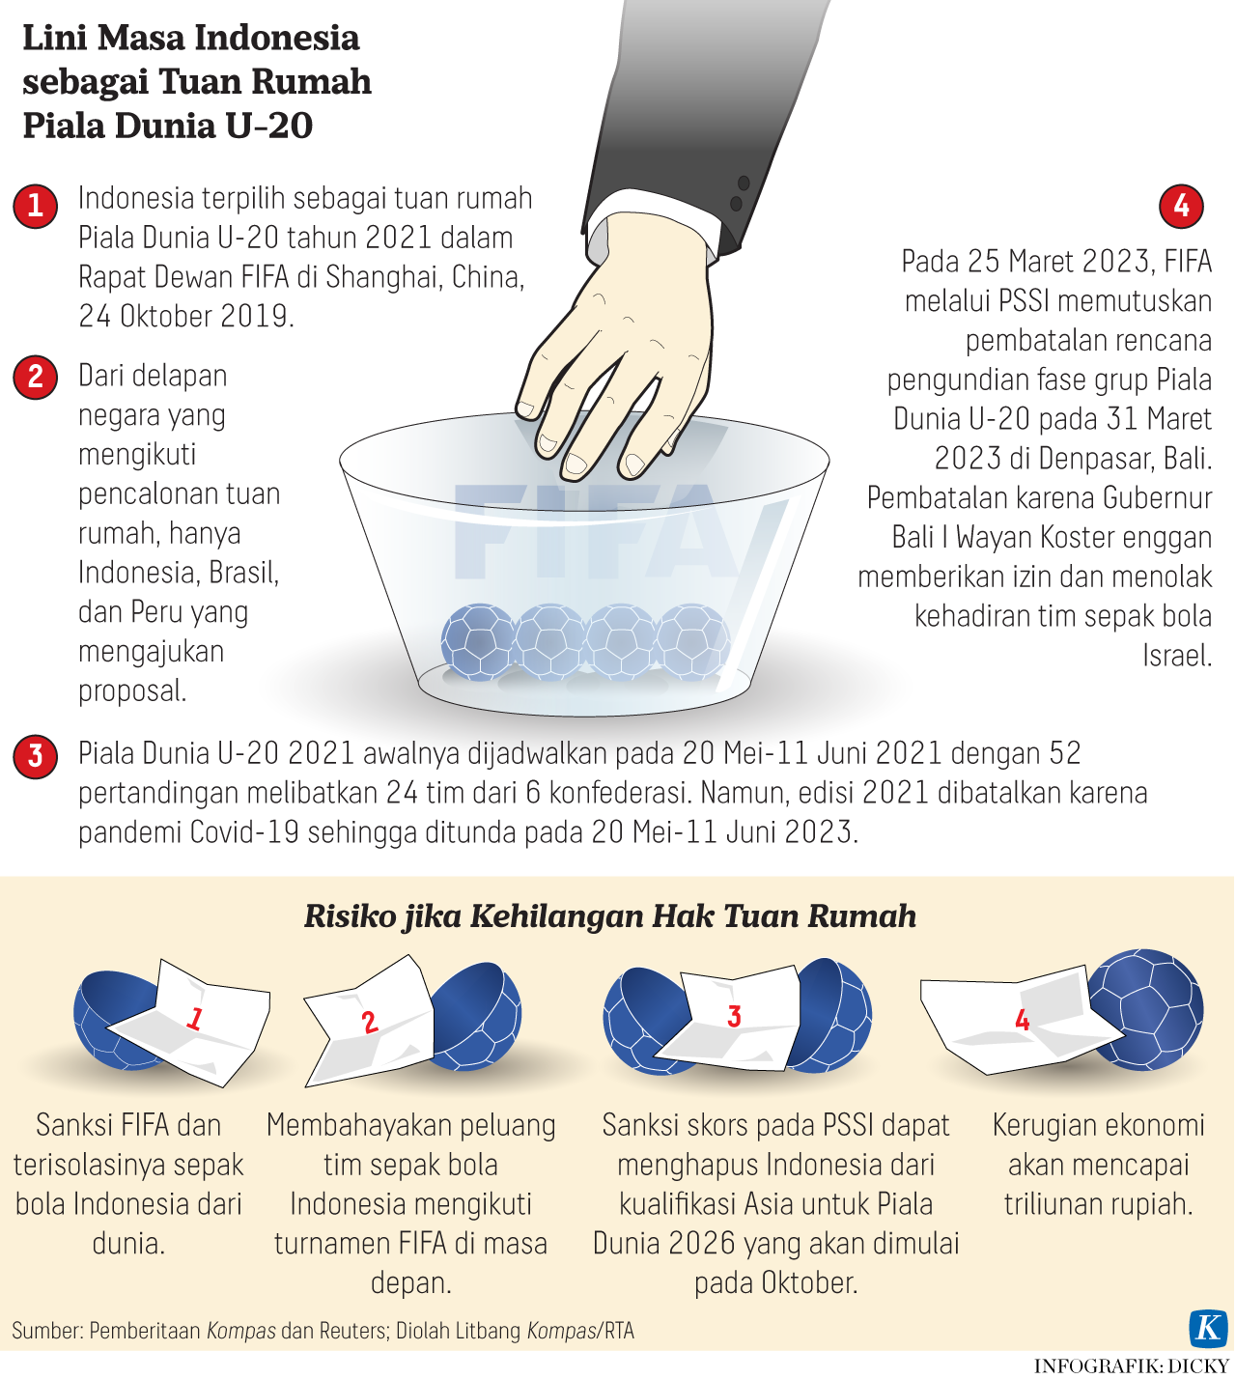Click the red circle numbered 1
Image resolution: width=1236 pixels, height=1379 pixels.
point(35,206)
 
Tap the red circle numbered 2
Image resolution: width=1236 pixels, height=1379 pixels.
point(35,377)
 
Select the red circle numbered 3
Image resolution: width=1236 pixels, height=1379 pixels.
point(35,756)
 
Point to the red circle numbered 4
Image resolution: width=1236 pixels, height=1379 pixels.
point(1181,206)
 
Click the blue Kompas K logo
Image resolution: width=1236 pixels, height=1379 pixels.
point(1208,1327)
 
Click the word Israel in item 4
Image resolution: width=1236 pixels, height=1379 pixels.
point(1177,656)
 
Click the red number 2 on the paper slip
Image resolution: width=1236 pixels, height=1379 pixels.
point(370,1022)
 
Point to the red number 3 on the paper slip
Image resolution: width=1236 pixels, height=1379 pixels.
point(734,1016)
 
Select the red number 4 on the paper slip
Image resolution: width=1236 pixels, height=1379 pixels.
point(1022,1019)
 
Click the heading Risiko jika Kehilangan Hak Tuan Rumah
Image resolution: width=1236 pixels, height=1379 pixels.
point(610,916)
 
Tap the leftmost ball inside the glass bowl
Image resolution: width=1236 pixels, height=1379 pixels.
point(479,642)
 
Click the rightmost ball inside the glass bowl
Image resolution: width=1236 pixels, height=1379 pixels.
point(693,642)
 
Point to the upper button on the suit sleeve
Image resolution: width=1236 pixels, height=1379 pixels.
point(744,183)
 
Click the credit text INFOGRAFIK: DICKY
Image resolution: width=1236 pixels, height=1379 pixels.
point(1131,1365)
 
